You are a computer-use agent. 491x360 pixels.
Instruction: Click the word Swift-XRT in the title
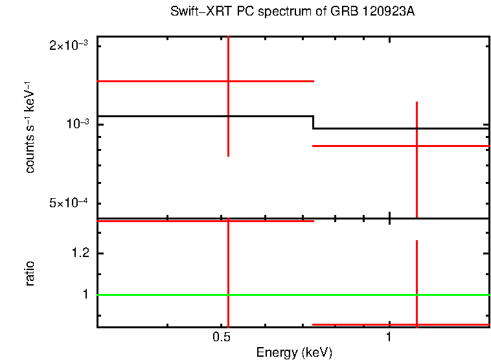[x=196, y=12]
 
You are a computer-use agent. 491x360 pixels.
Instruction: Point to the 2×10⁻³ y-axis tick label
[x=71, y=46]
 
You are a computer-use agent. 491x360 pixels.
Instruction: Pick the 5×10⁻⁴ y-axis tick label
[x=71, y=203]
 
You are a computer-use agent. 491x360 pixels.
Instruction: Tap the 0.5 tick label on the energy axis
[x=222, y=337]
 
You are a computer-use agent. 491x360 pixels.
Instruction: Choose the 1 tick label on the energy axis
[x=389, y=337]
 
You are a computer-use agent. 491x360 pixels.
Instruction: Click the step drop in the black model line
[x=314, y=122]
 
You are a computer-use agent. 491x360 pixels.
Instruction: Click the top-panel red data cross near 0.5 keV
[x=228, y=81]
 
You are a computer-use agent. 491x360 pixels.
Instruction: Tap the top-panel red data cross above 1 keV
[x=417, y=146]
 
